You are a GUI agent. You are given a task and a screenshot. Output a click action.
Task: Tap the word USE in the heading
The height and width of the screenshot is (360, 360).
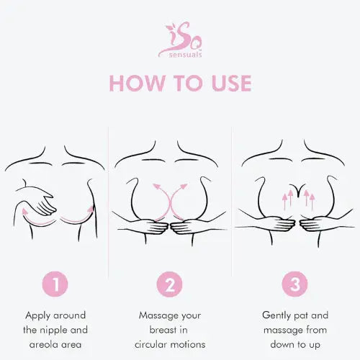pyautogui.click(x=227, y=83)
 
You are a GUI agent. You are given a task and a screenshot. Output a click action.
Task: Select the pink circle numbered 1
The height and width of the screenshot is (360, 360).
pyautogui.click(x=56, y=284)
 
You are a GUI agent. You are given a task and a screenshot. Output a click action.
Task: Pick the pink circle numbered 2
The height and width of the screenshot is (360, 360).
pyautogui.click(x=170, y=284)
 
